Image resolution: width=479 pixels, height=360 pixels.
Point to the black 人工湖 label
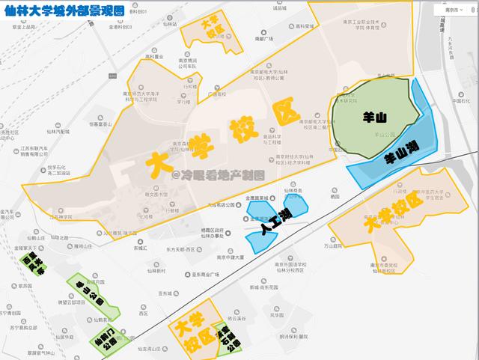point(275,219)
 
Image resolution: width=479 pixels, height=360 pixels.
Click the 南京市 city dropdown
point(451,11)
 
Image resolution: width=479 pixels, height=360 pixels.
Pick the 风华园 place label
point(276,315)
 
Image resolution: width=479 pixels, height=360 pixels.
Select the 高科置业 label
point(153,55)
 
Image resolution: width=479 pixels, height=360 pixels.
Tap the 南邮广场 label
point(265,38)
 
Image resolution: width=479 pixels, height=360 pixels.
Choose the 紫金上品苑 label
point(25,26)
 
